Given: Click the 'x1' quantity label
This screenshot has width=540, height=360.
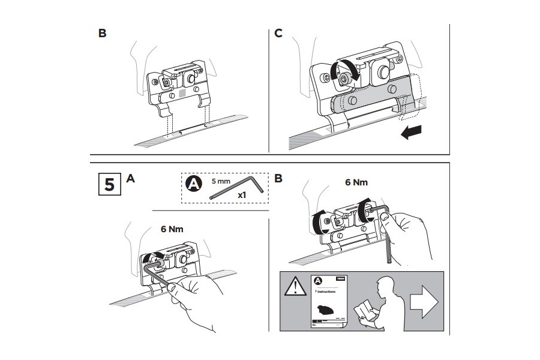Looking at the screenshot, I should [242, 196].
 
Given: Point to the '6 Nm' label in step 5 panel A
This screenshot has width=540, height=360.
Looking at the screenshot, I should [172, 229].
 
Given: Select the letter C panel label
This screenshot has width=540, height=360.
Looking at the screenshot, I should [278, 33].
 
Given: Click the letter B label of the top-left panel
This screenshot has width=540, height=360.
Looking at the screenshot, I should [102, 33].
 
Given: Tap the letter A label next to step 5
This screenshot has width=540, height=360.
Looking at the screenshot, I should [131, 178].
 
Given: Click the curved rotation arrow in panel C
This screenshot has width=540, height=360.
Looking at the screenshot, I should [340, 71].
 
